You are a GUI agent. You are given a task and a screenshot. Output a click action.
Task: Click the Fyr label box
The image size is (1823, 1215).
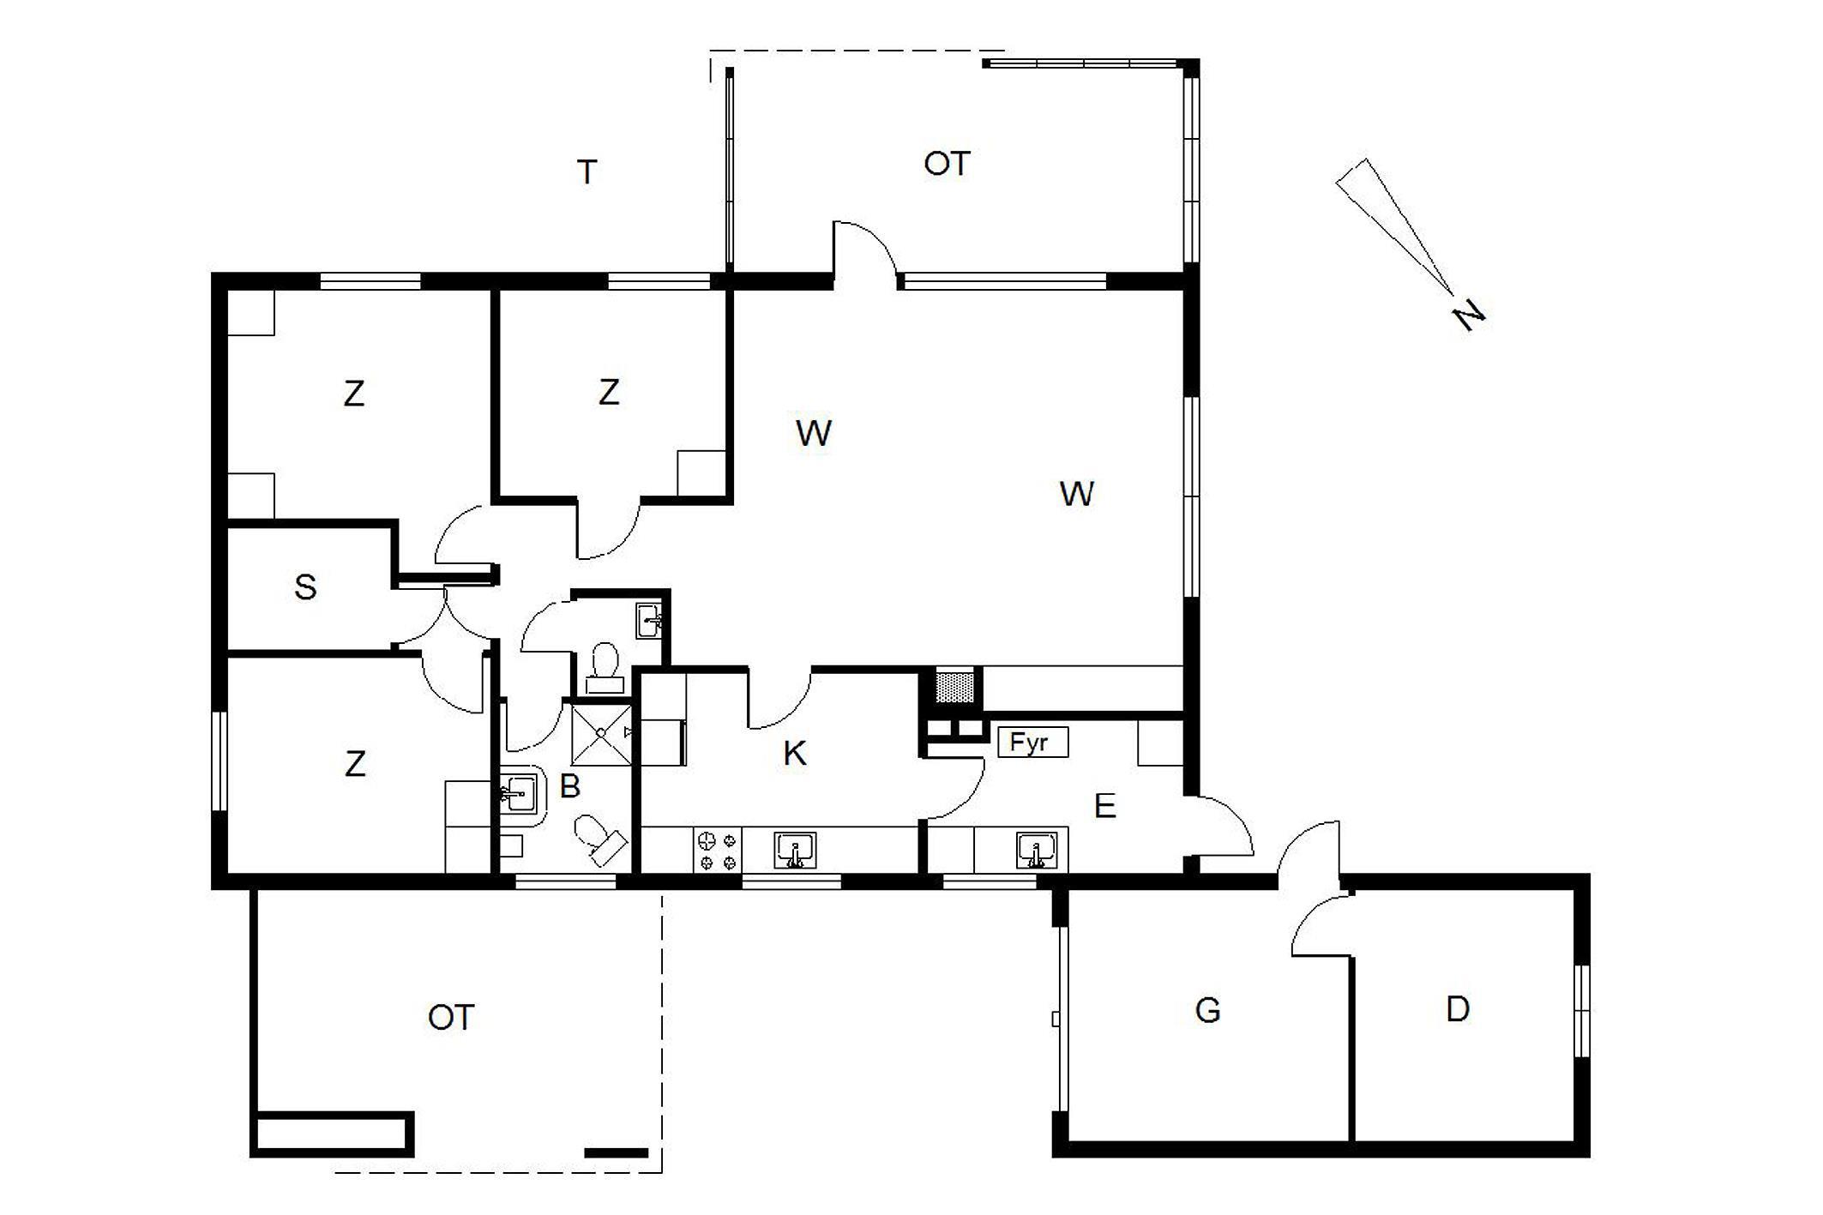pos(1032,742)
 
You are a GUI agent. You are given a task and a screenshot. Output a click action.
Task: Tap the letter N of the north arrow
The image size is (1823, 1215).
pos(1469,315)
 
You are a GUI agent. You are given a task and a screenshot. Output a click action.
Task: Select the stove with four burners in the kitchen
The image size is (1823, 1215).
pos(718,850)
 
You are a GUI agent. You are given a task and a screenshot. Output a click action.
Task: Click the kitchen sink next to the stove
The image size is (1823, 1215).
pos(795,851)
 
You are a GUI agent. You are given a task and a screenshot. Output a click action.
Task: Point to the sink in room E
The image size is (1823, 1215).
pos(1037,851)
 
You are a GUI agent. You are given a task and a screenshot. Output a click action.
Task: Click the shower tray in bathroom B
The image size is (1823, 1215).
pos(601,733)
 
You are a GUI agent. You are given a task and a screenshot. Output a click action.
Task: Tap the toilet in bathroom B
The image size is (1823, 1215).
pos(599,837)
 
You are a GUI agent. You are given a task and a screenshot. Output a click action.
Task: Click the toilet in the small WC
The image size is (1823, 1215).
pos(605,667)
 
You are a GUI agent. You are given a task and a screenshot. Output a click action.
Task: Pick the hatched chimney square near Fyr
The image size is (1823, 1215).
pos(954,687)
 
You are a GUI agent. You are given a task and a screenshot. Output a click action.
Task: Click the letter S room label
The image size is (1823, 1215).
pos(305,587)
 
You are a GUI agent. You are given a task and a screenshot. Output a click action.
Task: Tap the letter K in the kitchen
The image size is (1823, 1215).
pos(795,754)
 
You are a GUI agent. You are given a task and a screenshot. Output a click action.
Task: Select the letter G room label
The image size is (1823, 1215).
pos(1207,1011)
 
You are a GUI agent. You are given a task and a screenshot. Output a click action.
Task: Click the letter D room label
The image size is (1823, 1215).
pos(1458,1009)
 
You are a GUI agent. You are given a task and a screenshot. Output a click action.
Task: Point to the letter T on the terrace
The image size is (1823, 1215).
pos(587,172)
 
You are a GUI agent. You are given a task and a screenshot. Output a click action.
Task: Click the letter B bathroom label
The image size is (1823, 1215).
pos(569,786)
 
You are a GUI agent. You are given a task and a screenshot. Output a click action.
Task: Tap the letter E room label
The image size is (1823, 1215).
pos(1104,806)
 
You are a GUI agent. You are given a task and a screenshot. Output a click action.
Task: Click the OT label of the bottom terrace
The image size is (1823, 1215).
pos(451,1018)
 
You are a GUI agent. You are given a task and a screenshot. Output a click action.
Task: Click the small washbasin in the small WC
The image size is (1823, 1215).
pos(649,620)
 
